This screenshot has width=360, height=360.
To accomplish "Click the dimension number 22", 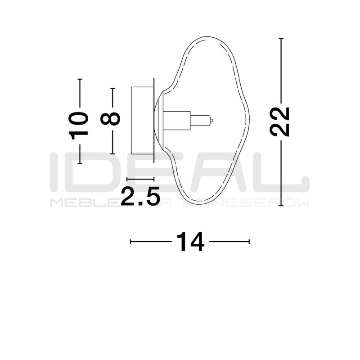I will tap(280, 121).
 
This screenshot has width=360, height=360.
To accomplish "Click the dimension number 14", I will tap(190, 242).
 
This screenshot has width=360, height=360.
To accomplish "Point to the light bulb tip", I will tap(211, 121).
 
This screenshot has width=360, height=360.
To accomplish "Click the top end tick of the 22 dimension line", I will tap(281, 39).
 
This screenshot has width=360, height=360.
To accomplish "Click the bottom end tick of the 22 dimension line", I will tap(281, 205).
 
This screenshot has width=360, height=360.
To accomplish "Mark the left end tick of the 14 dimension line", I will tap(130, 242).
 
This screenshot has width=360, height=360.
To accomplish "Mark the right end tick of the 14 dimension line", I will tap(249, 242).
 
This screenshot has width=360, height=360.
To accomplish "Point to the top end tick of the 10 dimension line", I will tap(80, 79).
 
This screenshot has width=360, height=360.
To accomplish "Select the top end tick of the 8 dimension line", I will tap(112, 88).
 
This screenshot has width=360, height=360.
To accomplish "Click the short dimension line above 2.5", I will tap(140, 179).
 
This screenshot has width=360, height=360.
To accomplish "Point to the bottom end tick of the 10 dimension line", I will tap(80, 163).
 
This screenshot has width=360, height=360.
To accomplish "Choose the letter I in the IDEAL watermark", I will tap(54, 171).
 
